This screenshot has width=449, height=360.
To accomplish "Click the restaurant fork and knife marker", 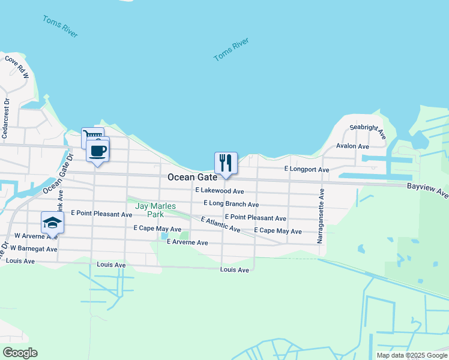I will (x=226, y=163).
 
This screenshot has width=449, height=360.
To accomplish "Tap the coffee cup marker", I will (x=97, y=151).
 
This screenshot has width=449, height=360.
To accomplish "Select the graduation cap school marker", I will (x=52, y=223).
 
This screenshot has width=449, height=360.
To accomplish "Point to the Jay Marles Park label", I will (x=155, y=210).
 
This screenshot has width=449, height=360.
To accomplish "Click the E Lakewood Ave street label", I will (x=220, y=191).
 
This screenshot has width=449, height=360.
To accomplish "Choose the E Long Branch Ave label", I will (x=231, y=205).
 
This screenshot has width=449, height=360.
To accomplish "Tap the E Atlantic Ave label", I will (x=220, y=225).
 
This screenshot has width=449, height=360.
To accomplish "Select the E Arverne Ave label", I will (x=187, y=242).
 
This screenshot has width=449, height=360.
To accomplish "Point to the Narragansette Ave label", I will (x=321, y=216).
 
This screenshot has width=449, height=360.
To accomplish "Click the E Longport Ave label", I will (x=307, y=170).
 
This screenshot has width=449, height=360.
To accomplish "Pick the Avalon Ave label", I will (x=352, y=146).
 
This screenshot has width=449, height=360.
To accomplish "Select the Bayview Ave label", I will (x=427, y=190).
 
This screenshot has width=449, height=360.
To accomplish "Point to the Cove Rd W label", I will (x=17, y=67).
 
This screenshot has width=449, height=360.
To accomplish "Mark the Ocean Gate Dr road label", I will (x=58, y=174).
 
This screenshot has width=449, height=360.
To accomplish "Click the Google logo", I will (x=20, y=352).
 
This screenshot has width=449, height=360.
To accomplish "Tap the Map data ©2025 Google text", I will (x=411, y=355).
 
